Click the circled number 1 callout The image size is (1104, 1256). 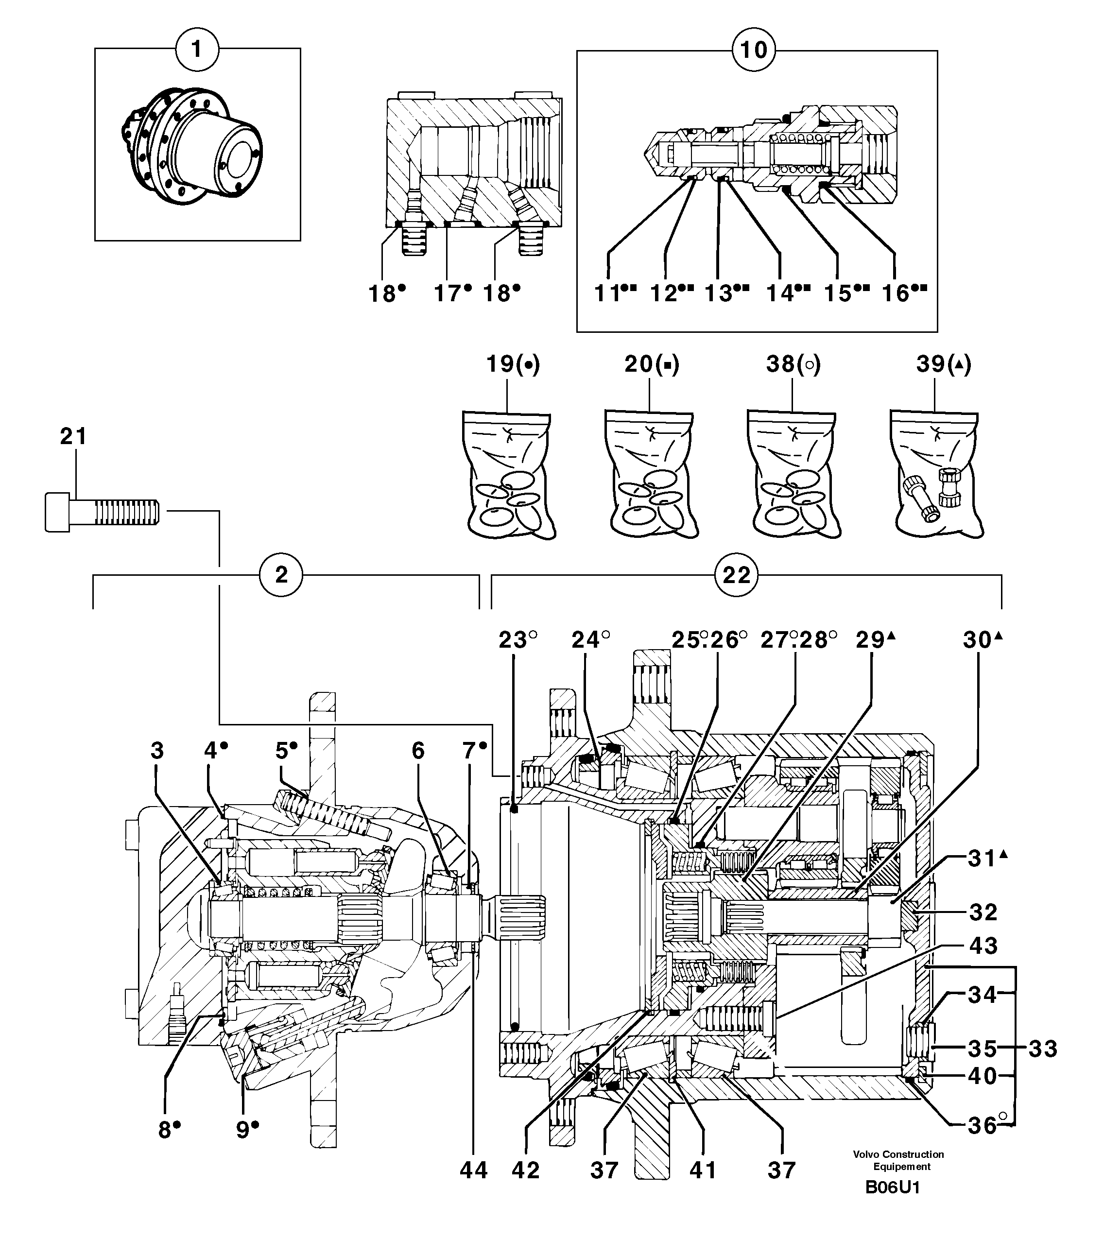coord(197,49)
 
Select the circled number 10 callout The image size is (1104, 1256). coord(754,50)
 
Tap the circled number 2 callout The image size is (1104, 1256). coord(281,575)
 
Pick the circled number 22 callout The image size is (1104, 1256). coord(736,575)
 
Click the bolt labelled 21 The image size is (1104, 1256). coord(102,511)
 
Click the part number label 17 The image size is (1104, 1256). coord(448,294)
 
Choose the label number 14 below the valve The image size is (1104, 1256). coord(780,294)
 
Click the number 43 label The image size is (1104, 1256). coord(983,945)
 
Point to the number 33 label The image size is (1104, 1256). coord(1043,1049)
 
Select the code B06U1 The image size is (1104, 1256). coord(892,1204)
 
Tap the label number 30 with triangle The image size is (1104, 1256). coord(978,640)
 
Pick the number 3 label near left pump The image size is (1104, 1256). coord(157,750)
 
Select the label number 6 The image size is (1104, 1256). coord(418,750)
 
